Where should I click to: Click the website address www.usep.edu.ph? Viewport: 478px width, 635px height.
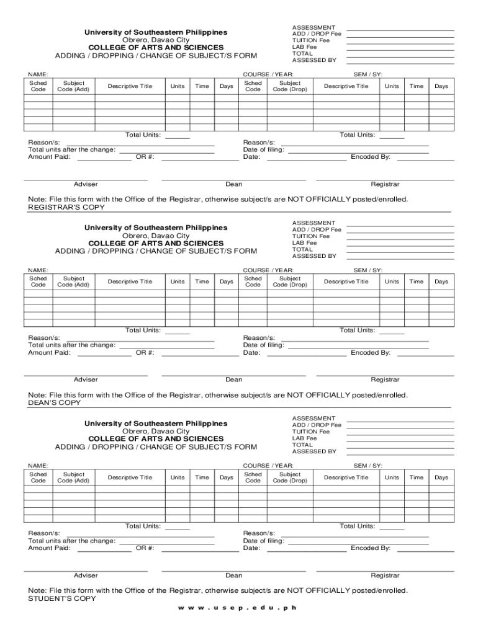(x=238, y=608)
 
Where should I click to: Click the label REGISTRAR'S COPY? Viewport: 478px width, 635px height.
(x=58, y=207)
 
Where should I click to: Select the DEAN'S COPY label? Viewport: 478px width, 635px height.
(x=55, y=403)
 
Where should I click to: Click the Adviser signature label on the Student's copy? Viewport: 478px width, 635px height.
(x=86, y=575)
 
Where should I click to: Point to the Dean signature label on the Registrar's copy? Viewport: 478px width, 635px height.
(x=234, y=184)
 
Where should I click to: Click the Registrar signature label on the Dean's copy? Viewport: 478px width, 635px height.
(x=385, y=380)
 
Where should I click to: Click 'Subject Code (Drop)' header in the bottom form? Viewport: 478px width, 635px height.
(x=290, y=477)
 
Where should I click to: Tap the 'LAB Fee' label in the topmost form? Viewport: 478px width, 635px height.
(x=304, y=47)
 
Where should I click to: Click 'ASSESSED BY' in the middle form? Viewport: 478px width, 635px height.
(x=314, y=256)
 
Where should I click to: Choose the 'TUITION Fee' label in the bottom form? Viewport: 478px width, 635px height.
(x=311, y=432)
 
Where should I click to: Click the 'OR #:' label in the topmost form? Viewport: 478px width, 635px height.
(x=145, y=157)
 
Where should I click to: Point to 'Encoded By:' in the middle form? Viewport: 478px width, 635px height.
(x=371, y=353)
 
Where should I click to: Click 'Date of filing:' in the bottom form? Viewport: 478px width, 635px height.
(x=264, y=541)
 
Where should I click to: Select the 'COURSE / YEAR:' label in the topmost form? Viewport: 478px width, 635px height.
(x=268, y=74)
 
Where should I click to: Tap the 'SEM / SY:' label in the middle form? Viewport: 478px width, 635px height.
(x=368, y=270)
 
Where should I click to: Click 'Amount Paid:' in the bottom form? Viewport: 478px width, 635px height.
(x=50, y=548)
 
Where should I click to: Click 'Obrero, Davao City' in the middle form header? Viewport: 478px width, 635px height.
(x=156, y=236)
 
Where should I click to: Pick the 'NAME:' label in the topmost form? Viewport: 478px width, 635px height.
(x=38, y=74)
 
